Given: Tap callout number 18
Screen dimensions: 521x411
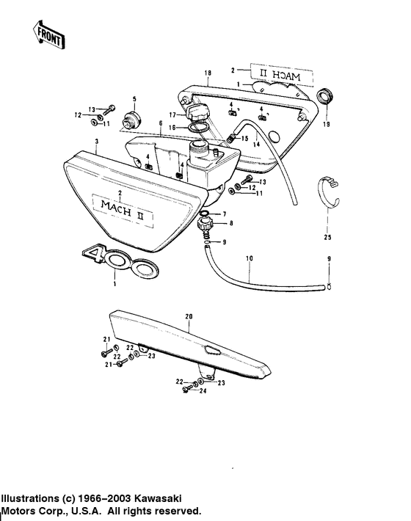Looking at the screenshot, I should tap(208, 73).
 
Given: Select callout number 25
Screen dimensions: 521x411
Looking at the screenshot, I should tap(327, 237).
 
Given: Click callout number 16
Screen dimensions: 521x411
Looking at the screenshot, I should tap(173, 127).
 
